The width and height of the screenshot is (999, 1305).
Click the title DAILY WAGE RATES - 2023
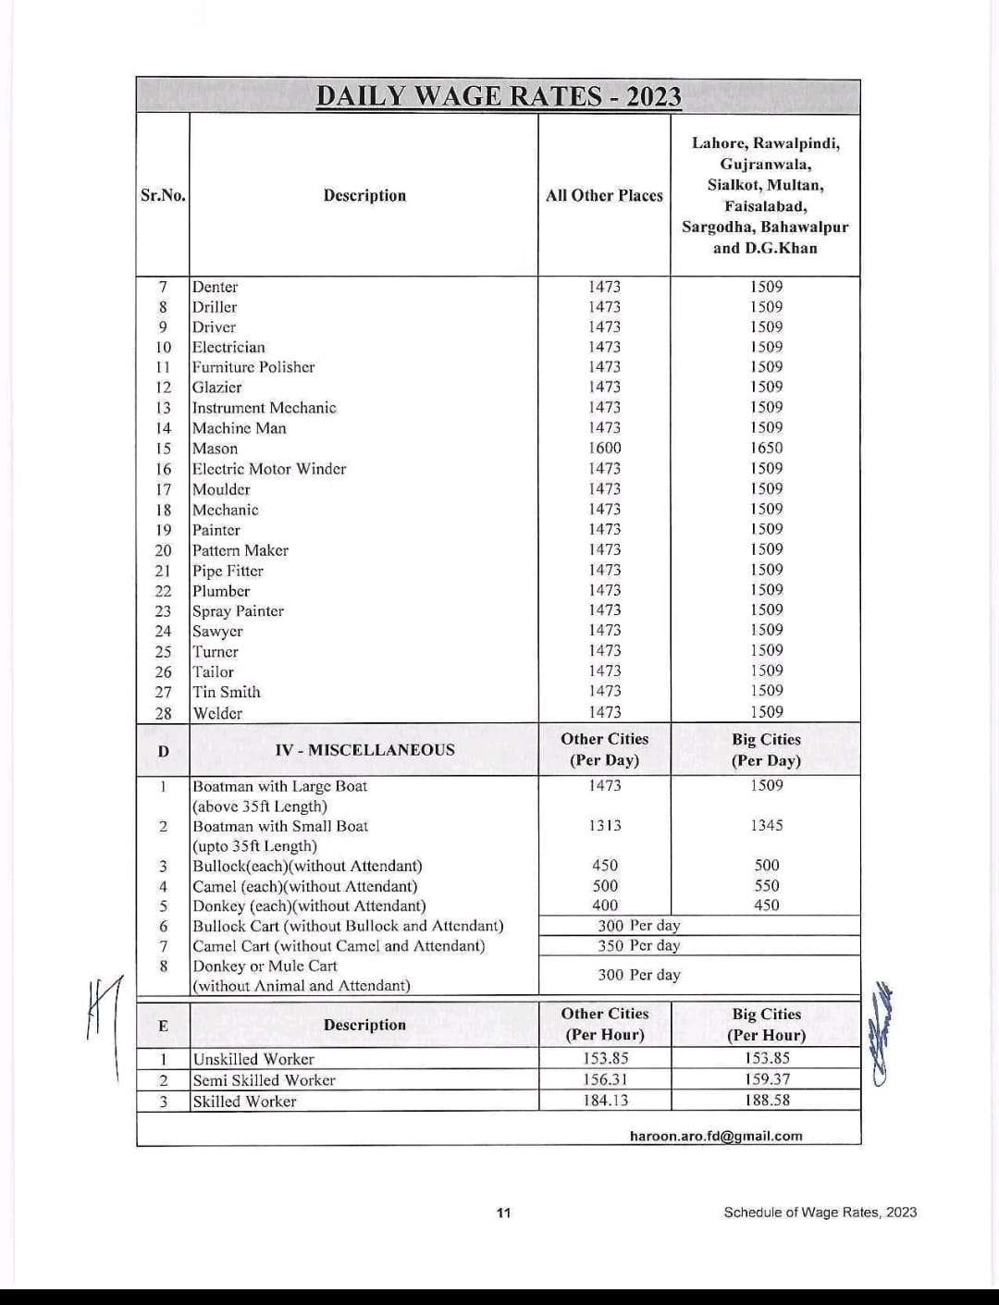(x=499, y=96)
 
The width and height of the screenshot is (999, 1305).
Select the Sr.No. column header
(x=163, y=195)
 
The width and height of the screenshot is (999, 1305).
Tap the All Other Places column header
(x=604, y=195)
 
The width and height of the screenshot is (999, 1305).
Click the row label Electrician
(x=228, y=347)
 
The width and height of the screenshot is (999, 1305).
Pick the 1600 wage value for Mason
(x=605, y=448)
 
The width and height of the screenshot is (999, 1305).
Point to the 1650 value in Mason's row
(x=766, y=448)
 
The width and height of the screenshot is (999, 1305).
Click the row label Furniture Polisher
(x=253, y=367)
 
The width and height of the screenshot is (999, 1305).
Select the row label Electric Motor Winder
(x=269, y=469)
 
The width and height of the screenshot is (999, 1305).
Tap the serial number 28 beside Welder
(x=164, y=713)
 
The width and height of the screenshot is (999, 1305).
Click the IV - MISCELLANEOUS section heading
(x=364, y=749)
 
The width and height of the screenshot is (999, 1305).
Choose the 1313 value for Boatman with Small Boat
(x=605, y=825)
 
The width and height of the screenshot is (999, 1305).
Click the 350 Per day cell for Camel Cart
(x=638, y=945)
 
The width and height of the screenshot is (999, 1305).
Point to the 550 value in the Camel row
(x=766, y=885)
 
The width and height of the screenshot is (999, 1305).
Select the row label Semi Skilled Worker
(x=264, y=1080)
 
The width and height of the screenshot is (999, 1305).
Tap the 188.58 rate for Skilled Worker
(x=767, y=1101)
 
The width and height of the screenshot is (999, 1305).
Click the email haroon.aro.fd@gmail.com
(x=716, y=1136)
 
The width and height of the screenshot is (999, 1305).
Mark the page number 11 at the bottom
(x=503, y=1213)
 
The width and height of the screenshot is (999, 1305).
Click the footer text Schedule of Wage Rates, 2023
(x=820, y=1213)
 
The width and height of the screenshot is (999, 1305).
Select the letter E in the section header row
(x=163, y=1025)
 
